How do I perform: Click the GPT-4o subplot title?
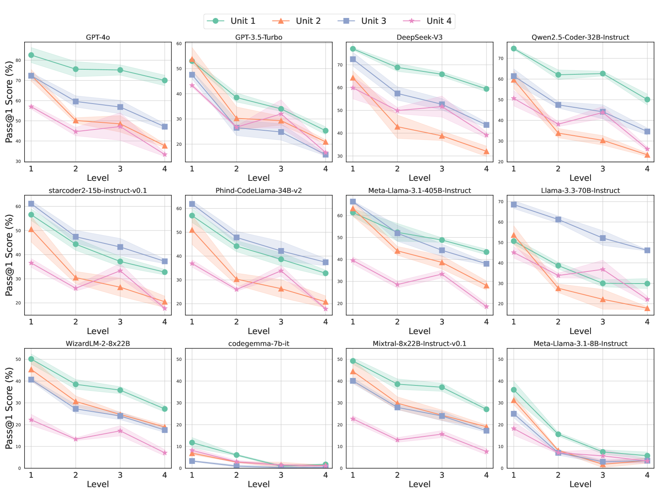(x=98, y=37)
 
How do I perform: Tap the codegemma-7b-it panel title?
(x=259, y=344)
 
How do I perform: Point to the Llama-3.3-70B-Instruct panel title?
(x=580, y=190)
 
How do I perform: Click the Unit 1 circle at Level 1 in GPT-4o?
(x=31, y=55)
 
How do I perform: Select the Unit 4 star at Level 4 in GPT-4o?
(x=165, y=155)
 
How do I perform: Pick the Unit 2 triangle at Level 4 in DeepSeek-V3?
(x=486, y=151)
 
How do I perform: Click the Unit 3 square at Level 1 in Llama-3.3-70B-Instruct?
(x=514, y=205)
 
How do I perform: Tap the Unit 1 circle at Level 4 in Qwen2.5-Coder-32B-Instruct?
(x=647, y=99)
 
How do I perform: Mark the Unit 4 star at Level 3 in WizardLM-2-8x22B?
(x=120, y=431)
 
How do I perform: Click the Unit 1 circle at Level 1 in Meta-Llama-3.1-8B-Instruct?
(x=514, y=390)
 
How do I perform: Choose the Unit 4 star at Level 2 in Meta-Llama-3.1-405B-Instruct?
(x=397, y=284)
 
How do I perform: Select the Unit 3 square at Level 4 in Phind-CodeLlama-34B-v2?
(x=325, y=262)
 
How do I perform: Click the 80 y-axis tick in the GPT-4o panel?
(x=18, y=60)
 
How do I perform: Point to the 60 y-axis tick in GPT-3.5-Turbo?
(x=179, y=44)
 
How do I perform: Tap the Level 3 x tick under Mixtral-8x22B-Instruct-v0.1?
(x=442, y=475)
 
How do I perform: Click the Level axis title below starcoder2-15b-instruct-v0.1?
(x=98, y=331)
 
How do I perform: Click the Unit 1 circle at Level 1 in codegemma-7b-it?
(x=192, y=443)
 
